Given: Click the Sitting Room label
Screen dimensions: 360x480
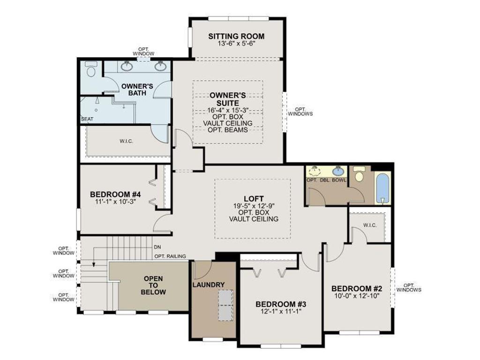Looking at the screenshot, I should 236,36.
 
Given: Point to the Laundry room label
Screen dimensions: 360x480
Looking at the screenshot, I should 208,285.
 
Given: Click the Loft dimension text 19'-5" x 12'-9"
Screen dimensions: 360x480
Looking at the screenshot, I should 254,205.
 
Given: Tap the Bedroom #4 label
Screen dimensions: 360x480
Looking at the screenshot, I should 115,194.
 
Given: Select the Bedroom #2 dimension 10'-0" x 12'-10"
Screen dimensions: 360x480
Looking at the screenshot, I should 358,296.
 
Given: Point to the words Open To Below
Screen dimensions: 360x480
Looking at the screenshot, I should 154,285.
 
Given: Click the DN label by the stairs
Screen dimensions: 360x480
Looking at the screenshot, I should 157,247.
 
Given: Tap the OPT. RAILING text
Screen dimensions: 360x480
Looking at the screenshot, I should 170,256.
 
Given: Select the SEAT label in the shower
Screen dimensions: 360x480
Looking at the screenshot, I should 87,119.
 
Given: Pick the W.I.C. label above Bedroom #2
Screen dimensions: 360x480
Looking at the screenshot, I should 370,225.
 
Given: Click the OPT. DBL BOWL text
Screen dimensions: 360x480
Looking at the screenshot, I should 325,180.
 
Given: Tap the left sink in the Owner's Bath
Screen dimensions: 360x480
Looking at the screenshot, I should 126,66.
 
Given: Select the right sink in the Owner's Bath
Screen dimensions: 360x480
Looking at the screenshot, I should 160,66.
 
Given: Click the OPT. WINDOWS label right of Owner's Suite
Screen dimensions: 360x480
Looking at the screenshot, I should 300,112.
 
